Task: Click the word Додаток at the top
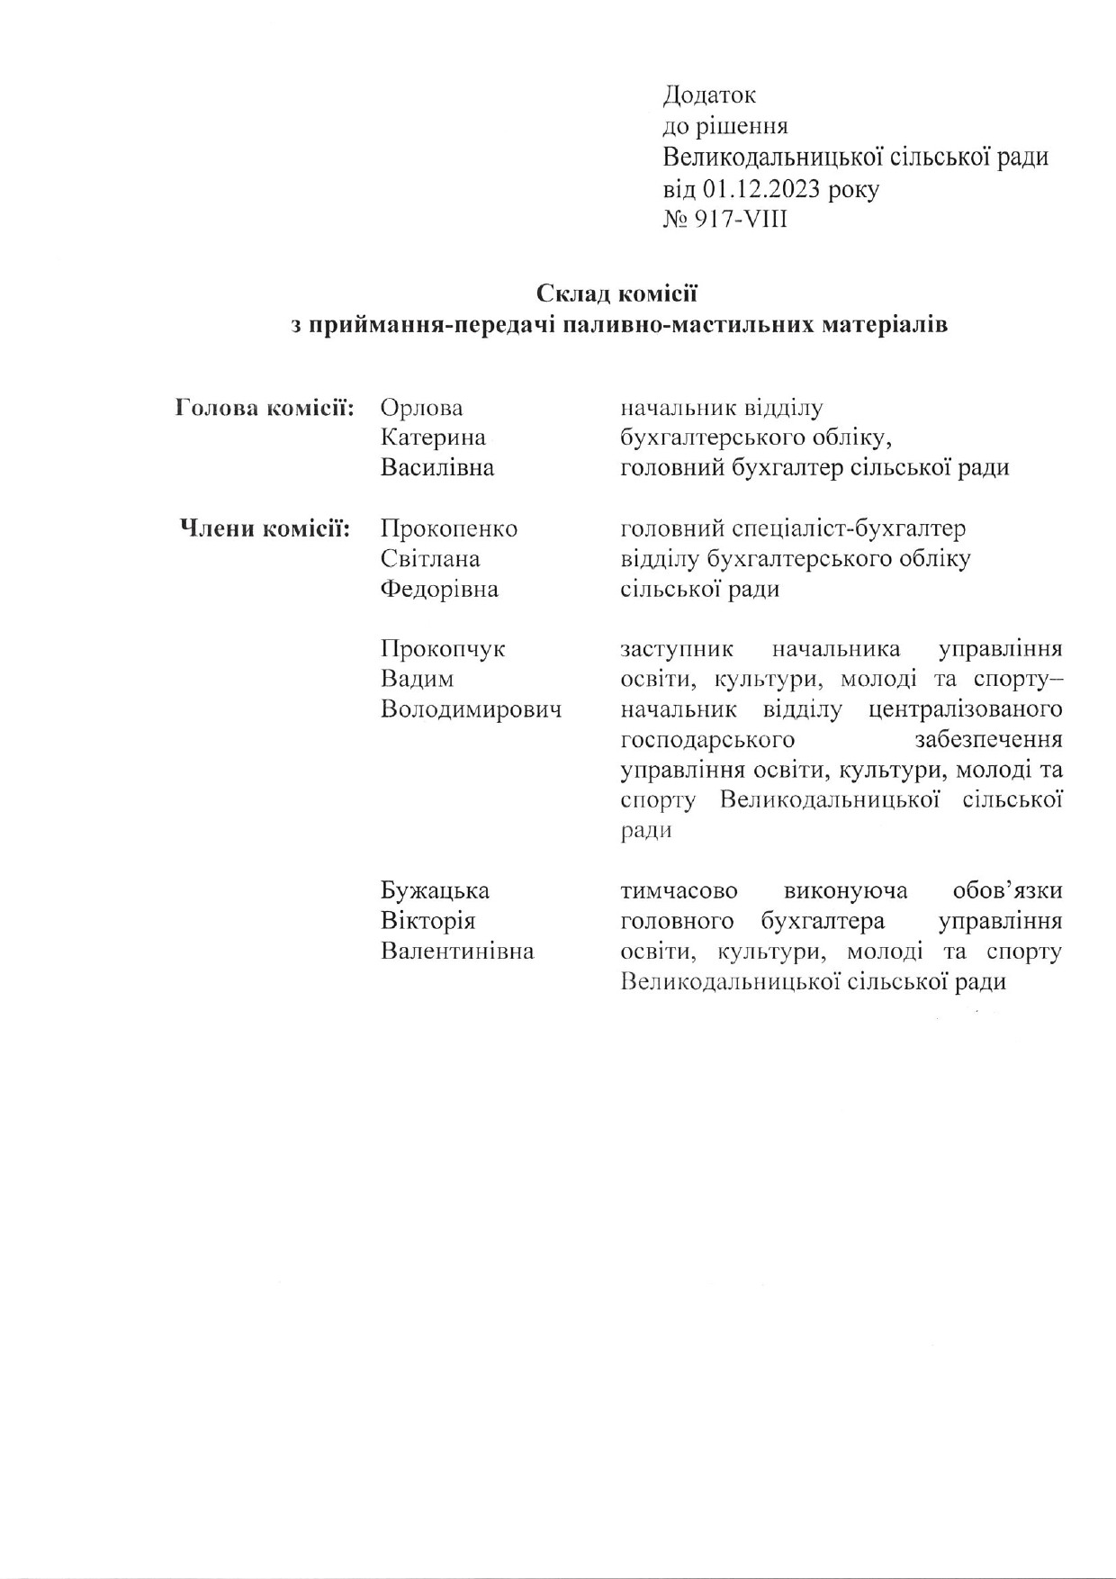[709, 95]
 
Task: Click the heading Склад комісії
[616, 293]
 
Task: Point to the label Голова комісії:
[263, 408]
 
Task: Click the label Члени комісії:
[265, 528]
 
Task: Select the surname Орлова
[421, 408]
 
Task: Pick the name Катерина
[433, 438]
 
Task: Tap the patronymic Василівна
[437, 468]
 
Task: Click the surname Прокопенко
[449, 528]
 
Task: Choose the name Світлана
[430, 559]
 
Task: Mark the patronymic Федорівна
[439, 590]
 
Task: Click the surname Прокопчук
[443, 649]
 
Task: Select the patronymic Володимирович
[472, 709]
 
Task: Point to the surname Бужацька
[435, 891]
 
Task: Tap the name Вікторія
[427, 921]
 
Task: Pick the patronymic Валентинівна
[457, 952]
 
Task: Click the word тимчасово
[679, 891]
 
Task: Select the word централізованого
[967, 709]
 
